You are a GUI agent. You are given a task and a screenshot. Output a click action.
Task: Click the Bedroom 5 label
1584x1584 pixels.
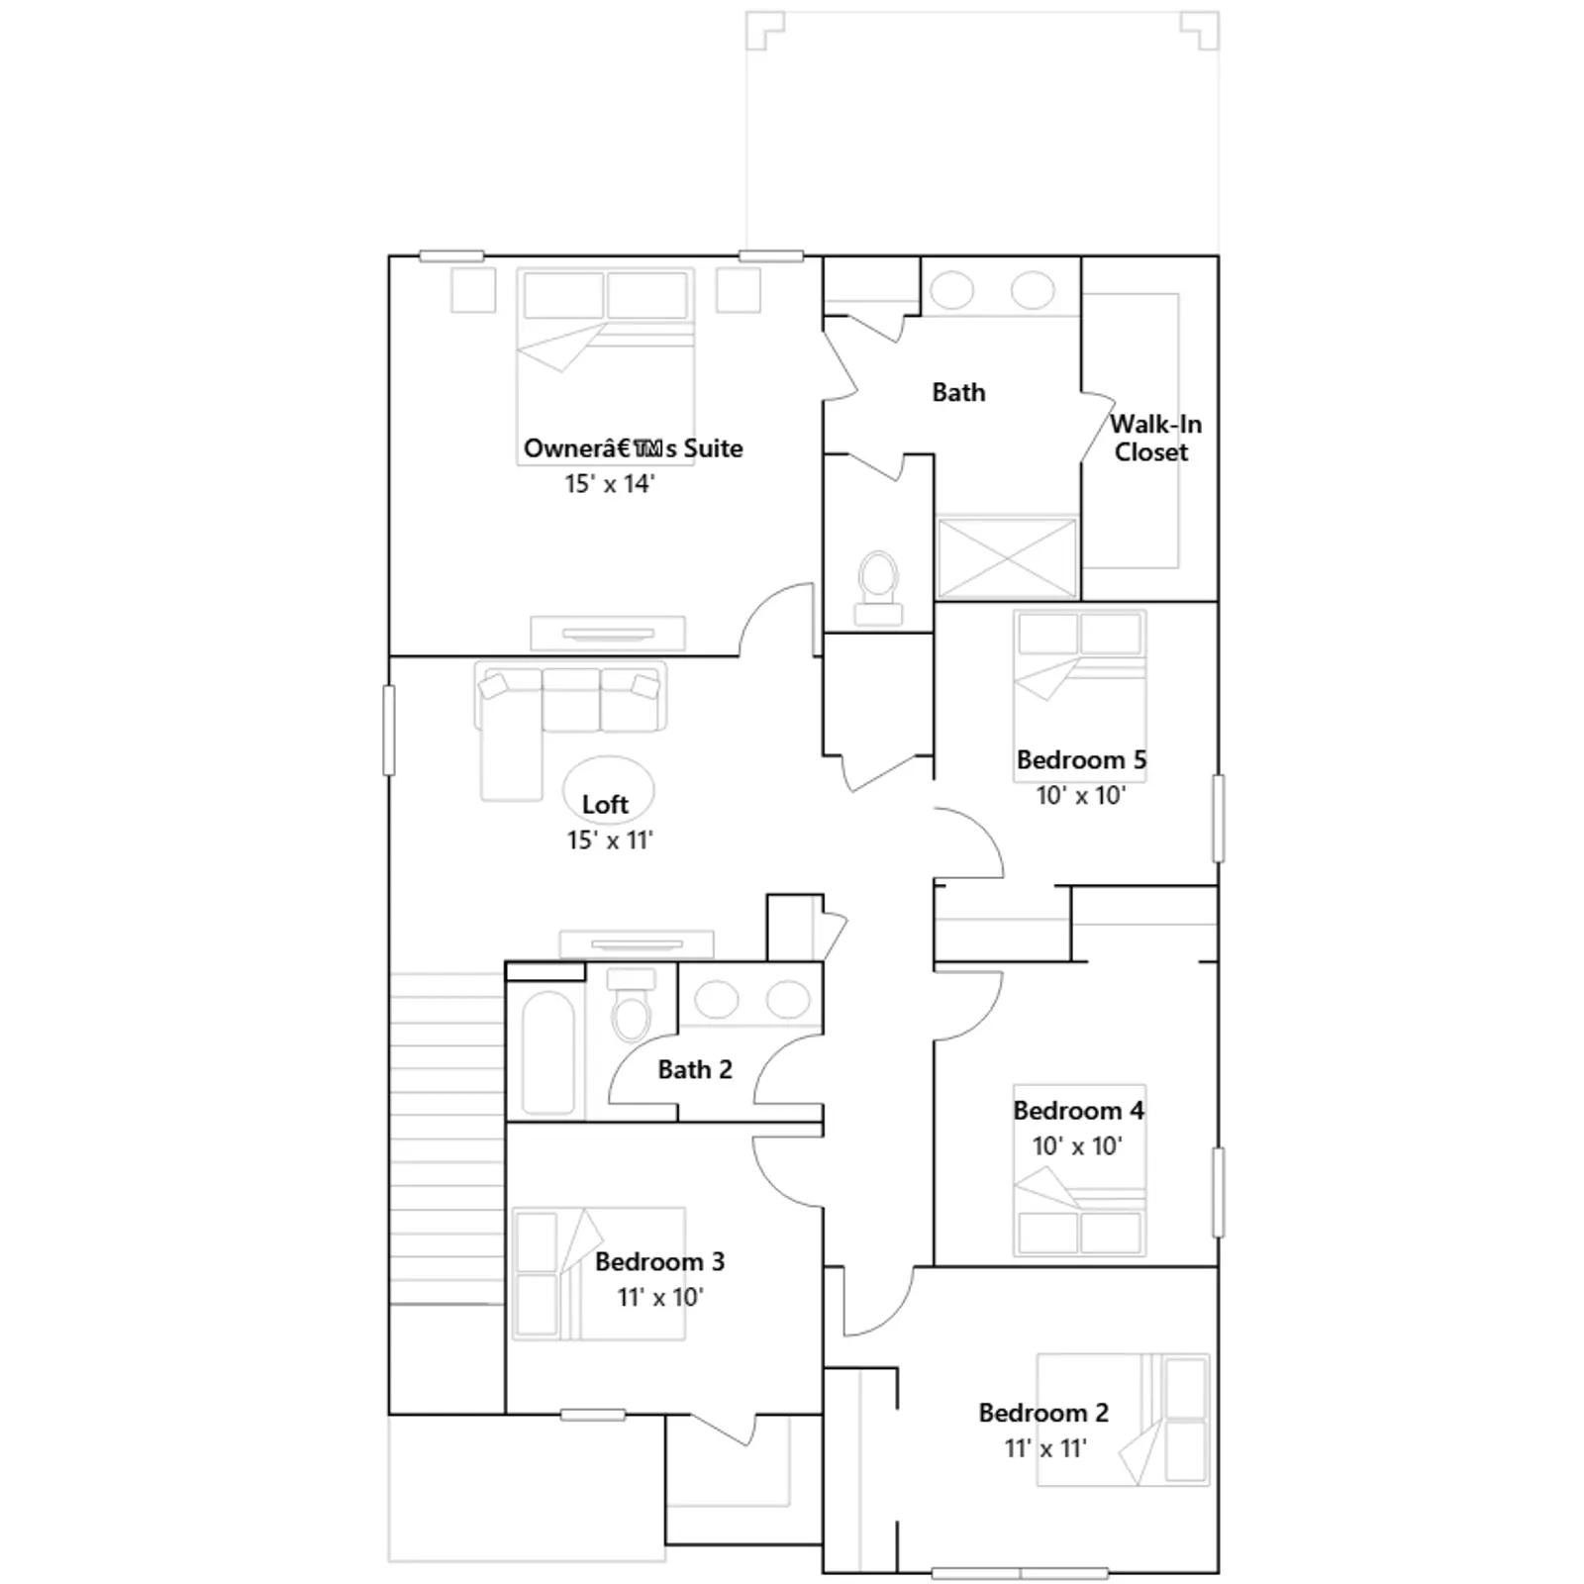click(1081, 760)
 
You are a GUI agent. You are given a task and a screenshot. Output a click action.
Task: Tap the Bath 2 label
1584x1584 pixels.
click(695, 1069)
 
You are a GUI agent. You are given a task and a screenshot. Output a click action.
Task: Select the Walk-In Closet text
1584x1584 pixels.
click(1154, 438)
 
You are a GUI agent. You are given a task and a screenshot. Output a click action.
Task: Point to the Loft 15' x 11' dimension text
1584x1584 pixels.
click(610, 841)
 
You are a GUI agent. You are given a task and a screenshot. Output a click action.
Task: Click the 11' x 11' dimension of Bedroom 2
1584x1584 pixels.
click(1045, 1448)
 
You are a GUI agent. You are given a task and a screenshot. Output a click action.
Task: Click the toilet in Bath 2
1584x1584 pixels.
click(631, 1004)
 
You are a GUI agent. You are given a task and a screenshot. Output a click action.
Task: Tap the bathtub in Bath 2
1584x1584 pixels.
click(547, 1053)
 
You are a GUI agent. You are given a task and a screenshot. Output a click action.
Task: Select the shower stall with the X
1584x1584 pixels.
click(1006, 557)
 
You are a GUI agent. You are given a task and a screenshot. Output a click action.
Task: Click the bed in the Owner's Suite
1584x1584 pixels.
click(605, 353)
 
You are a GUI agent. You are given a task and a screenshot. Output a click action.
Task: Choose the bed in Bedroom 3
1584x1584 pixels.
click(598, 1273)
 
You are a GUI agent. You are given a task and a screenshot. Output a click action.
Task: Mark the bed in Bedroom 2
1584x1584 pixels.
click(1123, 1420)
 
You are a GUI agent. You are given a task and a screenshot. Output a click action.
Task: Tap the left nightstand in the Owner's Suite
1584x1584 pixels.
click(473, 290)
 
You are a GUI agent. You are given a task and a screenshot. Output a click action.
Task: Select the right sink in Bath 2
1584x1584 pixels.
click(788, 1000)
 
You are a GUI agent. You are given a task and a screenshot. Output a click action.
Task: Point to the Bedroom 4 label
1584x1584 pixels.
click(1078, 1111)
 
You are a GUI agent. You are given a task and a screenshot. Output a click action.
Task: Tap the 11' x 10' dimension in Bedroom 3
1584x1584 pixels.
click(660, 1298)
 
